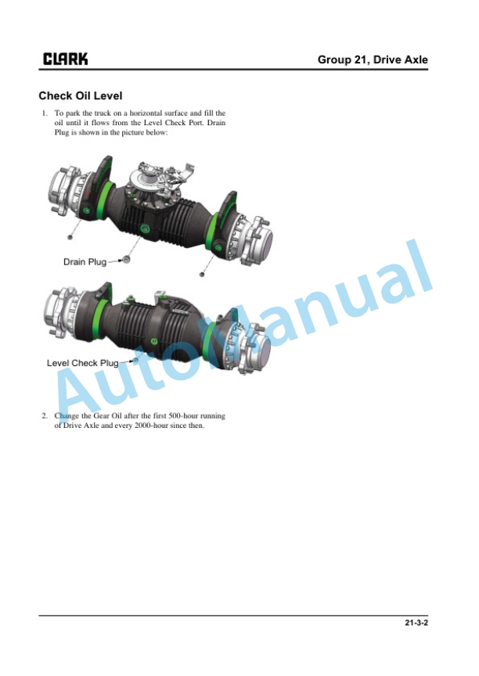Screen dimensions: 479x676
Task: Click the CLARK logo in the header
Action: click(65, 59)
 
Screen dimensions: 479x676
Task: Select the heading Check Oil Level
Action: click(80, 95)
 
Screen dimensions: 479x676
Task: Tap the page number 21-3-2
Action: click(416, 623)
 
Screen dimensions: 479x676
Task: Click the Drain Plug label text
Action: click(85, 261)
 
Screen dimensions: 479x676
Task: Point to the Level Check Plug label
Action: click(82, 363)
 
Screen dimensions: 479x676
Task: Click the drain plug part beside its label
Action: click(126, 260)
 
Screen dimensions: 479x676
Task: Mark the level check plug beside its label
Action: click(135, 360)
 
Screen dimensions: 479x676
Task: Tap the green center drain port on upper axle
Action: click(145, 228)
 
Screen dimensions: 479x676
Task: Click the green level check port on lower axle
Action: click(154, 341)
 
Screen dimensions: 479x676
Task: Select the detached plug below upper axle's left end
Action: click(70, 237)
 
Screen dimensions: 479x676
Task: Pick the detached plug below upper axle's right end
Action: click(201, 274)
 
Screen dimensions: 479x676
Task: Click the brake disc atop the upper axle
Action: click(146, 180)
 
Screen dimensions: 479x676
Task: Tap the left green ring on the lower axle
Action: click(101, 317)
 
